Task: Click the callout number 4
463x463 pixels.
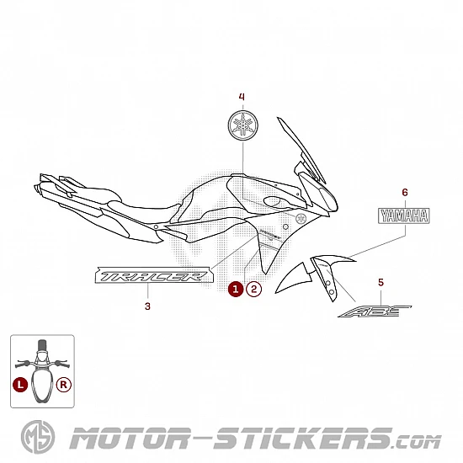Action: [x=242, y=97]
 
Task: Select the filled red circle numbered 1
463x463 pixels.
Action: [x=236, y=289]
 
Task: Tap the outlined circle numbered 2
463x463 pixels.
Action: [x=254, y=289]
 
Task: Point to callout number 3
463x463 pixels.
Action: [x=147, y=306]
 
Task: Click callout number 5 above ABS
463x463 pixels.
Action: [x=381, y=283]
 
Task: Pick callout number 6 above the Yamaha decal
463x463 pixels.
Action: [x=405, y=193]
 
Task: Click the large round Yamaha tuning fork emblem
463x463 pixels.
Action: [x=243, y=125]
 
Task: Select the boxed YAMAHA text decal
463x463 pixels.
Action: [x=404, y=216]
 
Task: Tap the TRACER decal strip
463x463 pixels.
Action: [x=153, y=275]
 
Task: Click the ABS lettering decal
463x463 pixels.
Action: [x=375, y=311]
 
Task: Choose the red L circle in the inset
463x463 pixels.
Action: [x=20, y=385]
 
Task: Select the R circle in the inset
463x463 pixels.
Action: [x=64, y=385]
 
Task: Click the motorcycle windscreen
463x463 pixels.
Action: [x=301, y=149]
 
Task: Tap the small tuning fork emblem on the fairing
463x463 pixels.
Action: [x=301, y=219]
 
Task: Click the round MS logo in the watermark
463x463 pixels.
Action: [x=38, y=437]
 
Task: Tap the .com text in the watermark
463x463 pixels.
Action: [x=418, y=442]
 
